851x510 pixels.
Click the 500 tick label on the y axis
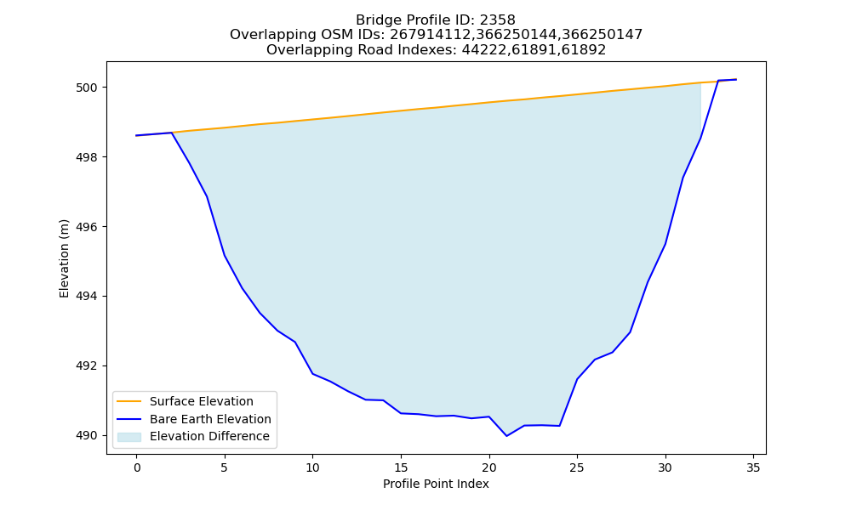pos(87,88)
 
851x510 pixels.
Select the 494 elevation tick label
pos(87,297)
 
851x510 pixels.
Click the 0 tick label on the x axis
pos(137,467)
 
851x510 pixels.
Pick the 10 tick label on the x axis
pos(312,467)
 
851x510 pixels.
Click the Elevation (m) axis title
pos(64,258)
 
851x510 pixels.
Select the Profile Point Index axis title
pos(436,484)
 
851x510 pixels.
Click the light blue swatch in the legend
pos(129,437)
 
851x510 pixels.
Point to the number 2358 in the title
pos(498,20)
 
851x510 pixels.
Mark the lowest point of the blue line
pos(507,436)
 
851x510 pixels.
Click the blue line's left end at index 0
pos(136,135)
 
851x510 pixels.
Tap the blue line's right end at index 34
pos(736,80)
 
